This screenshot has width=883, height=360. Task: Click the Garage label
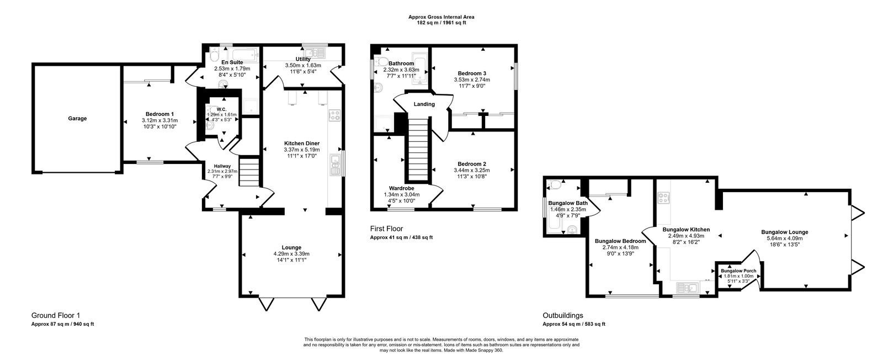click(77, 118)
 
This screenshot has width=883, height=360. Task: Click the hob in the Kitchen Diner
click(334, 115)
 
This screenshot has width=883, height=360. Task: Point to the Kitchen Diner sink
click(335, 165)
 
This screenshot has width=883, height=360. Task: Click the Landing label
click(424, 104)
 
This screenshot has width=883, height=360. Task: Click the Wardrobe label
click(401, 188)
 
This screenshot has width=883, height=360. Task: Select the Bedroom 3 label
click(472, 73)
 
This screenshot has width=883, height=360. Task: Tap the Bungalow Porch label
click(738, 271)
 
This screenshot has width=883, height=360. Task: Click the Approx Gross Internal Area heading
click(441, 17)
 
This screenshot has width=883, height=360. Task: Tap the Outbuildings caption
click(562, 315)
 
